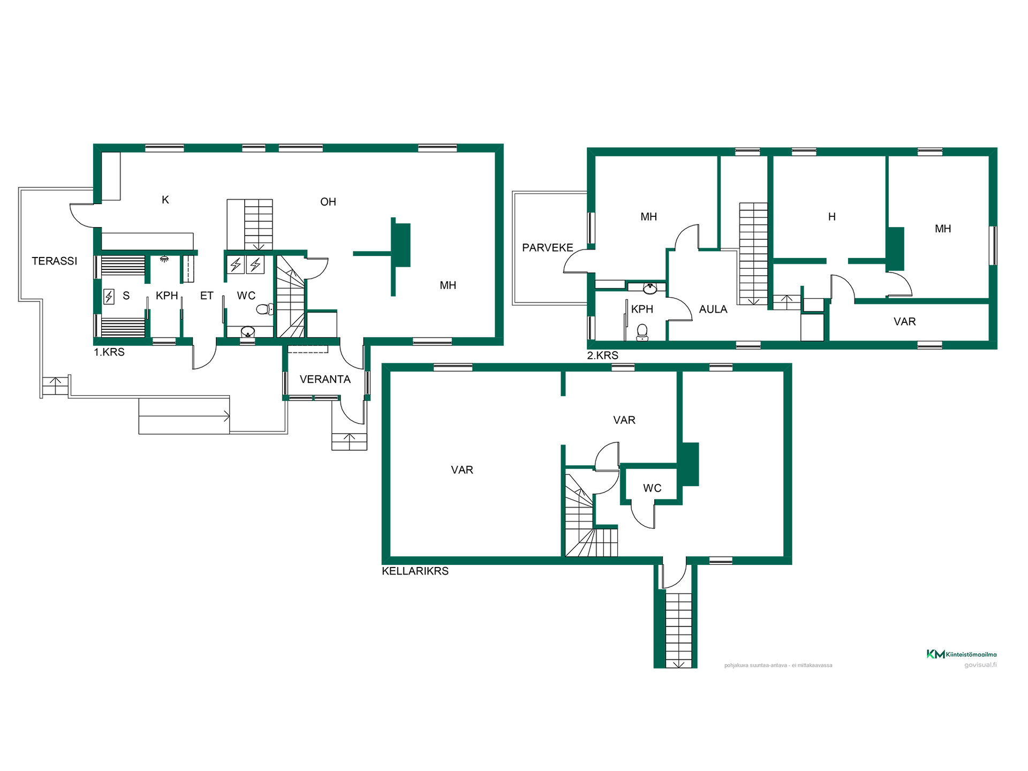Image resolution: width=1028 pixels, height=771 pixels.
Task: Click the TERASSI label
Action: click(54, 261)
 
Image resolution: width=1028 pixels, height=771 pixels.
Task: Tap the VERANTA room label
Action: click(325, 379)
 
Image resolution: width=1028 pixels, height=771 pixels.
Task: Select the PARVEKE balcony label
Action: click(547, 247)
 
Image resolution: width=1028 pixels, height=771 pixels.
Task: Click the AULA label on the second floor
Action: click(713, 309)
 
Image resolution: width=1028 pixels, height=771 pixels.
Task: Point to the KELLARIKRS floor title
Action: click(415, 571)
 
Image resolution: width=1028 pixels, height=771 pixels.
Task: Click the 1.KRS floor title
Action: click(109, 352)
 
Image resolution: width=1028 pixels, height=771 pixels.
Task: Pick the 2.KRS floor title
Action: click(602, 355)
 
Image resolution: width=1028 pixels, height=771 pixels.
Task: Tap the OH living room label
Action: click(328, 202)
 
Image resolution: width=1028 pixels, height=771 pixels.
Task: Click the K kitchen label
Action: click(165, 200)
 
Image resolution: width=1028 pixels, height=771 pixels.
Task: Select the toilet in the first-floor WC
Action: click(264, 309)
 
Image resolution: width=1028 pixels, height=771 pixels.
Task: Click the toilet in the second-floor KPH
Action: click(642, 332)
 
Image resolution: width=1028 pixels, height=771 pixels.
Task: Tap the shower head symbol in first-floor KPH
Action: click(164, 259)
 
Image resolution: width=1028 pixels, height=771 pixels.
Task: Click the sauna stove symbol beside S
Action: click(109, 296)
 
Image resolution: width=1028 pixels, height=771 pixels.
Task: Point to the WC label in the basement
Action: click(652, 488)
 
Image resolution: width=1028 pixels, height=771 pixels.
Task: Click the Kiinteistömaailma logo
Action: click(962, 654)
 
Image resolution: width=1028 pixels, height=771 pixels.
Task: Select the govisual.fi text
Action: click(980, 665)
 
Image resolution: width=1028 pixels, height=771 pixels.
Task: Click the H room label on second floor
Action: click(832, 217)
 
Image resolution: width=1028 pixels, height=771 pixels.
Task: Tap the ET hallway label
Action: click(207, 296)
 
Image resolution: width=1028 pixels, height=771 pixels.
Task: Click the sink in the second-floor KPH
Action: click(650, 289)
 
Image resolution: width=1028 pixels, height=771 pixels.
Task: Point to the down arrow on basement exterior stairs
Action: click(678, 663)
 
